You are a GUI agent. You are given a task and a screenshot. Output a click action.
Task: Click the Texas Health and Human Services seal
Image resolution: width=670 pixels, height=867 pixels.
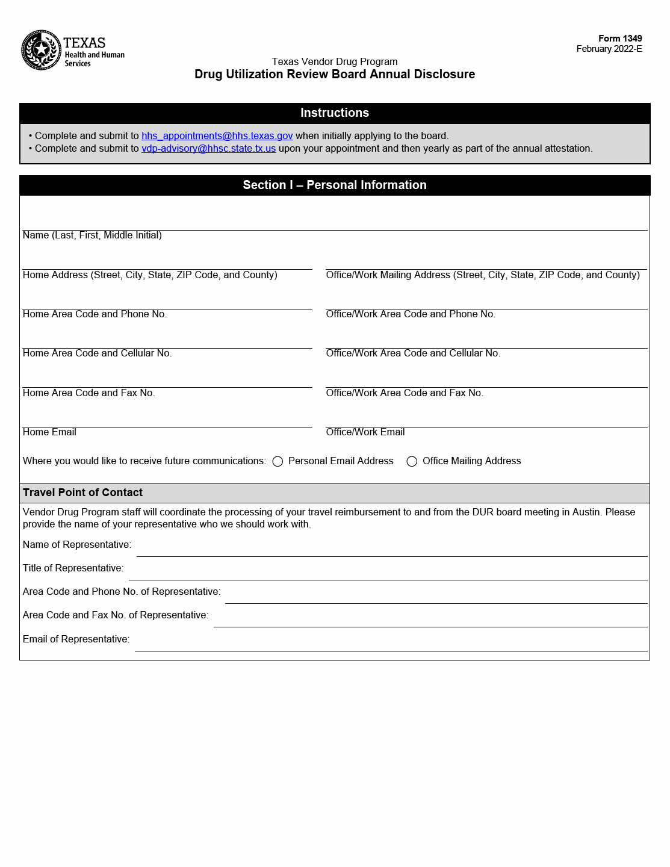click(41, 50)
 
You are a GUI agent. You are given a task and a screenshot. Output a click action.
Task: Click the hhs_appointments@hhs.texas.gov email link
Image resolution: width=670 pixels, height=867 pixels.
click(217, 136)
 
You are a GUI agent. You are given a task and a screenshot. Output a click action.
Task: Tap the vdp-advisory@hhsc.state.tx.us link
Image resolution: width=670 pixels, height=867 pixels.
click(208, 149)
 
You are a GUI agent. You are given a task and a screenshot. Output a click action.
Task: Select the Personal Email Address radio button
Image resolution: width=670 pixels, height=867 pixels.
click(278, 462)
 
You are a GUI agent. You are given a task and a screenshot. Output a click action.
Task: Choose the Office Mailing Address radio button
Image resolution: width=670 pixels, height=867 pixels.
click(412, 462)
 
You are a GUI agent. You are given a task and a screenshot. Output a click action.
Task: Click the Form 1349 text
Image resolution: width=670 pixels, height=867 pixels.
click(619, 39)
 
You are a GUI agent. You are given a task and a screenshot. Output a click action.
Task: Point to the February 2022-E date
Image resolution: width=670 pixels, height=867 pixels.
click(609, 49)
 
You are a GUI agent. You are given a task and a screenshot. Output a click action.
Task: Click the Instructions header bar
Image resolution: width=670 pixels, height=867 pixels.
click(335, 113)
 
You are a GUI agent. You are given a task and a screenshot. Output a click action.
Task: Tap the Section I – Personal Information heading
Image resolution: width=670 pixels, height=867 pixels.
click(335, 185)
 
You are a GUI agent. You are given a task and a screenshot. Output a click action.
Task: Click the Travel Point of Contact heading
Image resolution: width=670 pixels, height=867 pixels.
click(83, 493)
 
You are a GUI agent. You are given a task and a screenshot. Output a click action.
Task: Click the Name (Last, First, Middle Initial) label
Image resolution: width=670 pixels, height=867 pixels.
click(92, 235)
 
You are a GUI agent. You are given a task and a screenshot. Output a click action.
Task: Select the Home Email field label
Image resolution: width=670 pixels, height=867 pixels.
click(49, 432)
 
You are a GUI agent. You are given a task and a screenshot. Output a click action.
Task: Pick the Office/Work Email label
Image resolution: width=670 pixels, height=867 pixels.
click(365, 432)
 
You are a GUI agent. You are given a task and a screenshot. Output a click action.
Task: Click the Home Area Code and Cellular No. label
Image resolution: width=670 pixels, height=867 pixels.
click(97, 353)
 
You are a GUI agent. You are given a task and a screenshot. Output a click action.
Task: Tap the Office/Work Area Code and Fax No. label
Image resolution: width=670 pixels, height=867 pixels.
click(405, 393)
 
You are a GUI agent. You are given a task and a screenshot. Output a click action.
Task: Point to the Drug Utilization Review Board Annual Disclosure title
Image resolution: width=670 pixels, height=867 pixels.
click(335, 75)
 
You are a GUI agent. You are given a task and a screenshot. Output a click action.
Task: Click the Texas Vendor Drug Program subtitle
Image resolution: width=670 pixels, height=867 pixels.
click(335, 61)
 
